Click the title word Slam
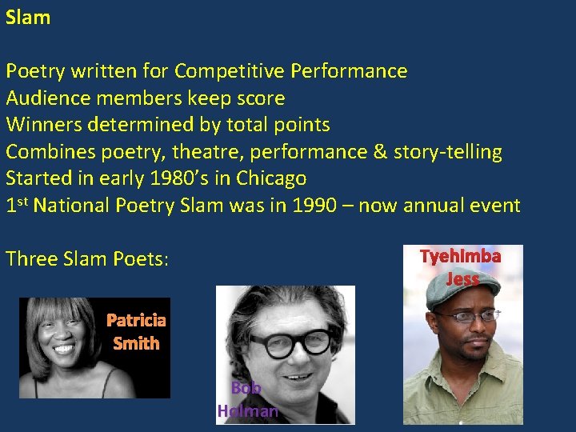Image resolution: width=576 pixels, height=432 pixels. [28, 18]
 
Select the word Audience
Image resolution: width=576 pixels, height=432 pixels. [46, 98]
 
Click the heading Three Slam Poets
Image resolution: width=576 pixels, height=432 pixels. [86, 259]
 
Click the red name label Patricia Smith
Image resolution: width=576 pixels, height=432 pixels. [136, 332]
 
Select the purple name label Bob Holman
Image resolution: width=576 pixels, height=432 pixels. [247, 400]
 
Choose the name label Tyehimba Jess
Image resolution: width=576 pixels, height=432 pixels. [462, 267]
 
